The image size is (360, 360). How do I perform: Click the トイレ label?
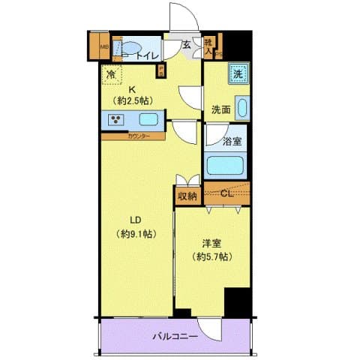(147, 54)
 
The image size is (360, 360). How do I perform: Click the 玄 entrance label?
(185, 44)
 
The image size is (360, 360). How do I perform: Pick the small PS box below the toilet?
(160, 71)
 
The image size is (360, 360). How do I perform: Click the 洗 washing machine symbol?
(237, 74)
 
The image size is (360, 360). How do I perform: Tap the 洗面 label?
(220, 109)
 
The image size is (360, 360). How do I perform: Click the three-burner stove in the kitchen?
(118, 120)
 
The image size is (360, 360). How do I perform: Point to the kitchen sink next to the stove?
(148, 120)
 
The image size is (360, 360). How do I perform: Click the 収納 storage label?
(187, 196)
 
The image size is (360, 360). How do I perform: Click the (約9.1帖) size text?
(136, 233)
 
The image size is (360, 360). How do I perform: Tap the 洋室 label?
(212, 243)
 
